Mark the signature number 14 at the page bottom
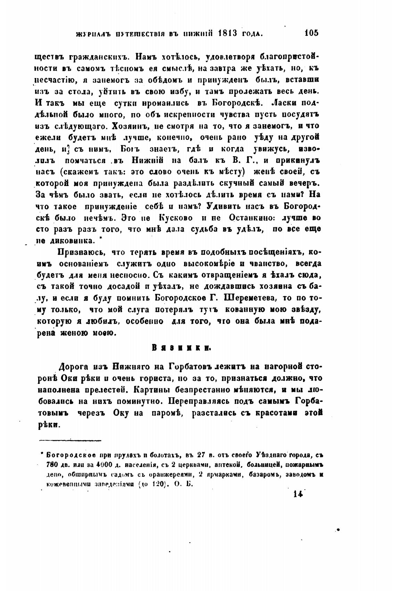click(x=298, y=494)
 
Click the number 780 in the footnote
click(x=52, y=465)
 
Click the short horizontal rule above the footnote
click(x=70, y=440)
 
